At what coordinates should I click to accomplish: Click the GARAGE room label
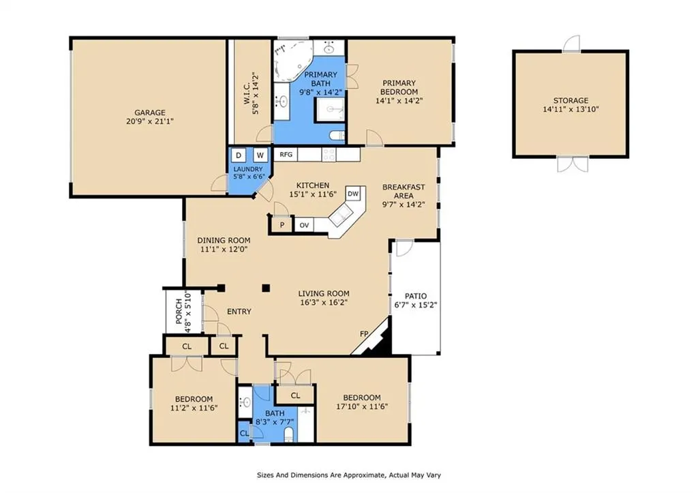point(150,113)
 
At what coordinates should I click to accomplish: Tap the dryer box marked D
point(239,155)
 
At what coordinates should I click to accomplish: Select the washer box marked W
point(260,155)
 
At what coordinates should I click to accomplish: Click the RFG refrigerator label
point(286,155)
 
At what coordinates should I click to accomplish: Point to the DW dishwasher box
point(353,194)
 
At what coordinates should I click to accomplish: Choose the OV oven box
point(304,225)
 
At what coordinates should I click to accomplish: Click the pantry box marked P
point(282,225)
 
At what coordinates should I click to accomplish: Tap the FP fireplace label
point(364,334)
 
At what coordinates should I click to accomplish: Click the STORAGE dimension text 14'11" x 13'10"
point(571,109)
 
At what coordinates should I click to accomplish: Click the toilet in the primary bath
point(337,135)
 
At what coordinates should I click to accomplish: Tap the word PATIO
point(416,296)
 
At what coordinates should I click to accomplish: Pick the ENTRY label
point(239,312)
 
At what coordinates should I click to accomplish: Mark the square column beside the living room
point(266,288)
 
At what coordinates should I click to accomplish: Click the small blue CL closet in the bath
point(245,433)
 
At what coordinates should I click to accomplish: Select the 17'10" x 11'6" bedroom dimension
point(362,406)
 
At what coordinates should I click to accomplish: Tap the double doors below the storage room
point(573,164)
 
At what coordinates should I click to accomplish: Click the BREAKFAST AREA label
point(404,192)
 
